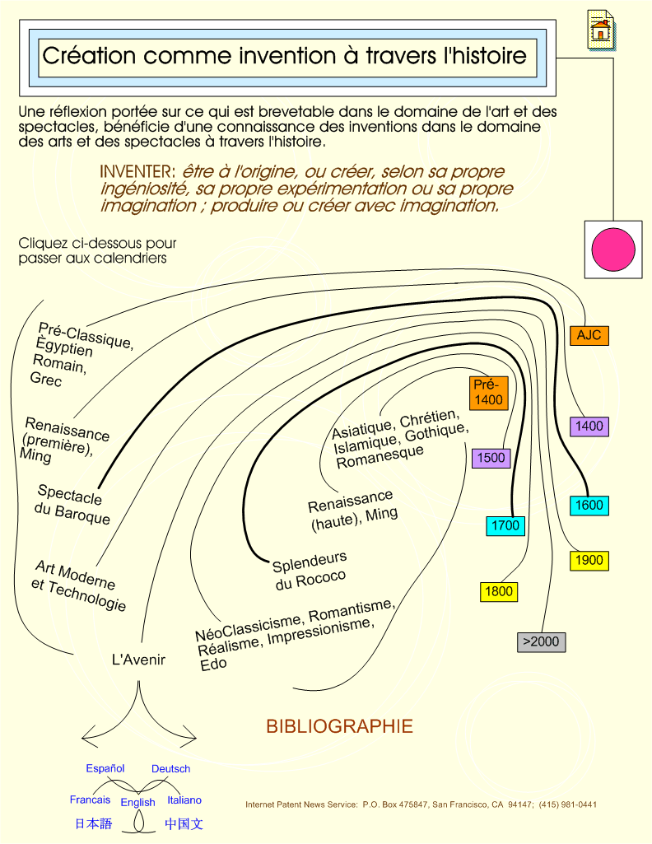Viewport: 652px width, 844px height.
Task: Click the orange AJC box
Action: tap(589, 335)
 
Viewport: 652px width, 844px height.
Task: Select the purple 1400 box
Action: tap(589, 427)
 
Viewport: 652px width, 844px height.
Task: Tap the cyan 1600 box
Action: tap(589, 506)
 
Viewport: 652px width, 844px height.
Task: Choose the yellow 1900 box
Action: tap(589, 561)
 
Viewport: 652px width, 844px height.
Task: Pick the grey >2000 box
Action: tap(541, 641)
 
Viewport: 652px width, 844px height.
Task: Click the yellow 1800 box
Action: tap(499, 591)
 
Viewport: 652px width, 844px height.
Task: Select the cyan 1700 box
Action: tap(505, 525)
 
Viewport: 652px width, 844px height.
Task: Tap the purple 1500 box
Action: tap(491, 458)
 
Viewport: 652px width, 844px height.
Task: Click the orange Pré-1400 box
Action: tap(488, 393)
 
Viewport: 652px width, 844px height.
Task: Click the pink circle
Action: tap(613, 249)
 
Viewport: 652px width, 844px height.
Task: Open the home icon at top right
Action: tap(601, 30)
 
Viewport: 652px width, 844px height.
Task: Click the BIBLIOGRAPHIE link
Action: tap(339, 726)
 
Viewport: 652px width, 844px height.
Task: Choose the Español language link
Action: tap(105, 768)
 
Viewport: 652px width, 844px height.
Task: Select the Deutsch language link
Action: tap(170, 768)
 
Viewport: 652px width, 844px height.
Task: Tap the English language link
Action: tap(137, 803)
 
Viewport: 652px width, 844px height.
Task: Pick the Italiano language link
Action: tap(184, 800)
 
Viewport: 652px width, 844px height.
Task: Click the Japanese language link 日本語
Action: tap(94, 823)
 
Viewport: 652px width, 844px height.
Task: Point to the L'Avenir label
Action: tap(138, 660)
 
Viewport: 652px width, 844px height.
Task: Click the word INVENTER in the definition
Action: tap(137, 172)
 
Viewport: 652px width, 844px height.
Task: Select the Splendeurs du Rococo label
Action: tap(310, 571)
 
